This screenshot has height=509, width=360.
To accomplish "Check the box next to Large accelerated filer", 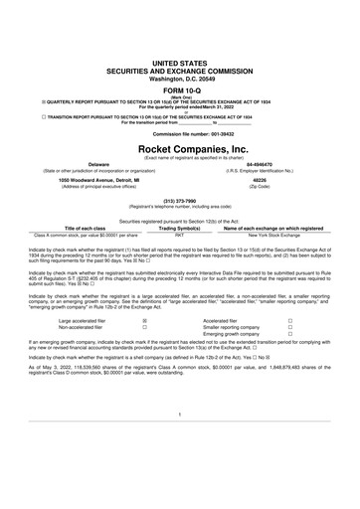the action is [146, 349].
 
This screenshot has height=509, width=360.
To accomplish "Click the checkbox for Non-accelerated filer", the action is [146, 356].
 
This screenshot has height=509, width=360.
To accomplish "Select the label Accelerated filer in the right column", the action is [222, 349].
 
